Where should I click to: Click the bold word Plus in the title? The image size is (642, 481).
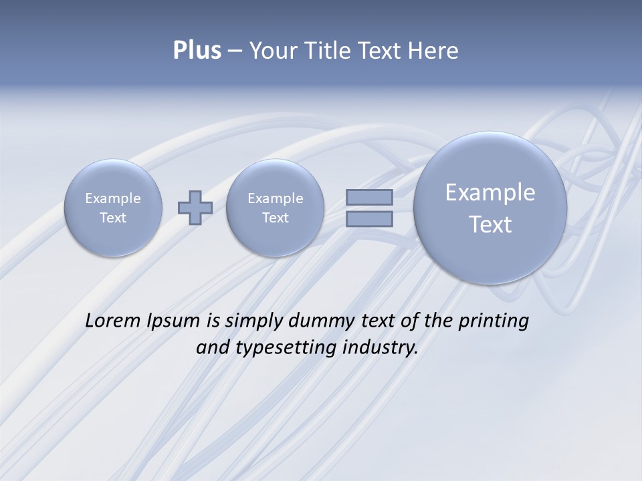click(x=197, y=51)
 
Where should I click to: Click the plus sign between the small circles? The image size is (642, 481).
click(x=195, y=208)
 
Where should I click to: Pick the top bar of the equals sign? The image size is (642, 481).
click(x=369, y=197)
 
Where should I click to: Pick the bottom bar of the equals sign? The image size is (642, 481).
click(x=369, y=218)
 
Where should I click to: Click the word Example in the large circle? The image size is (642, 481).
click(x=490, y=192)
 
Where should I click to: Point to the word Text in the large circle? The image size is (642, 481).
click(x=490, y=224)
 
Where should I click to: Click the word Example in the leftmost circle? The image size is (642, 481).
click(x=113, y=198)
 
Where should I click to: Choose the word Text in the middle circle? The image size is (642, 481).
click(x=275, y=218)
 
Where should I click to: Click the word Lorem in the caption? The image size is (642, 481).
click(x=114, y=321)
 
